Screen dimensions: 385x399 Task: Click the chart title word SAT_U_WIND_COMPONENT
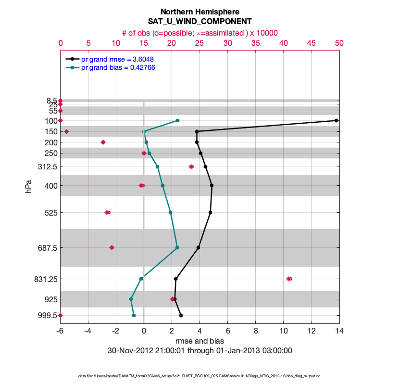[199, 22]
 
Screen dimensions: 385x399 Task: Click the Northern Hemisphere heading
[199, 12]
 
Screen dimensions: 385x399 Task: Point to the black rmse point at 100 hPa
[336, 120]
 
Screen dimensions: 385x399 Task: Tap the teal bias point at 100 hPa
[177, 120]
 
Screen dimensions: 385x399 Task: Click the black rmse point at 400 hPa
[212, 185]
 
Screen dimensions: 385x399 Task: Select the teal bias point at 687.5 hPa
[177, 248]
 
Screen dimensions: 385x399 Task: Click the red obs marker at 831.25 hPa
[289, 279]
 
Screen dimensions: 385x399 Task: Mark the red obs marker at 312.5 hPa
[191, 167]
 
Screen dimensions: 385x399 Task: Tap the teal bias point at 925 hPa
[131, 299]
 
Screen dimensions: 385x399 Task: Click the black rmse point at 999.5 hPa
[181, 315]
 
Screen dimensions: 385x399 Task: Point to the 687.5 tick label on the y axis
[46, 248]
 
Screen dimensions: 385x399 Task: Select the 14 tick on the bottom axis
[339, 331]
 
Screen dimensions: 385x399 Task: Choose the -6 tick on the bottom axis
[60, 331]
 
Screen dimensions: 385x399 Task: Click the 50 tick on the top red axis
[339, 43]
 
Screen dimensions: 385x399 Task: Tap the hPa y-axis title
[28, 186]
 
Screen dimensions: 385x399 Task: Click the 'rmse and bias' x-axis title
[199, 341]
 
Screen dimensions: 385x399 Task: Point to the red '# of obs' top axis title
[199, 33]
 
